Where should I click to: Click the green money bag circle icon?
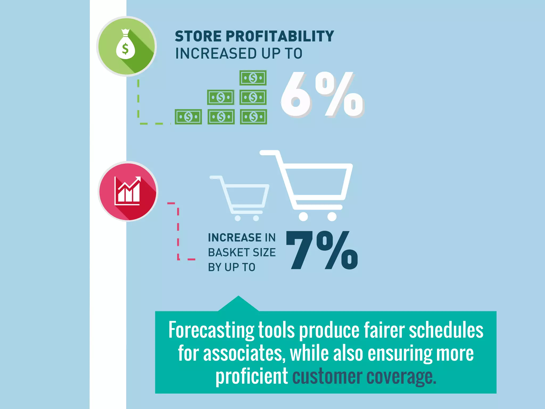[126, 46]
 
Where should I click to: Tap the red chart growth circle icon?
[128, 191]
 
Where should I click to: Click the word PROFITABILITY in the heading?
[280, 36]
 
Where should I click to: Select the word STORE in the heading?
[198, 36]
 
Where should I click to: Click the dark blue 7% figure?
[322, 250]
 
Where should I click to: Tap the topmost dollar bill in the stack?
[253, 78]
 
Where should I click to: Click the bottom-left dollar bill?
[188, 117]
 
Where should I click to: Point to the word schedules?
[446, 330]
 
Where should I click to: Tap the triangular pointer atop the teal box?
[238, 304]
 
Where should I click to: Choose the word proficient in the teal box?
[251, 377]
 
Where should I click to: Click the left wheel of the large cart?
[303, 216]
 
